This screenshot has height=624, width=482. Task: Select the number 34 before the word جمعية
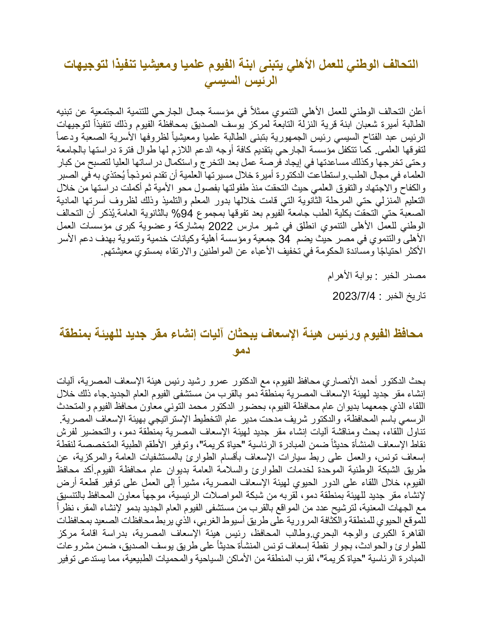pyautogui.click(x=284, y=239)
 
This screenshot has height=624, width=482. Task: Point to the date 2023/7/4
pyautogui.click(x=354, y=296)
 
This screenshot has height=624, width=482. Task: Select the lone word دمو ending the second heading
pyautogui.click(x=241, y=350)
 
